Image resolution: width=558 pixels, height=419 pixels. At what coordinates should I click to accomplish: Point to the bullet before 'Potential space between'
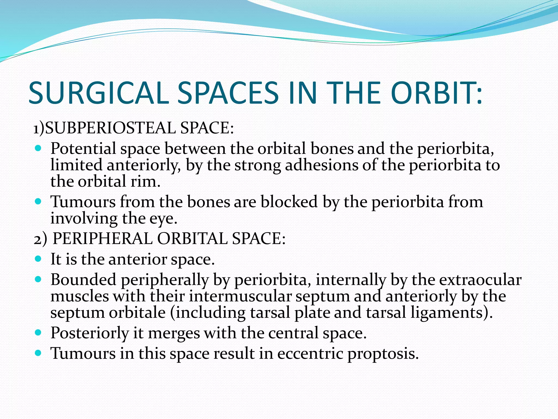tap(38, 149)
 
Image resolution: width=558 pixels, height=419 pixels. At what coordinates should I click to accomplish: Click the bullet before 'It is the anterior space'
tap(38, 259)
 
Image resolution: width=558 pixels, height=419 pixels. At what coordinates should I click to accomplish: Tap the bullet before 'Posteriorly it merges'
tap(38, 333)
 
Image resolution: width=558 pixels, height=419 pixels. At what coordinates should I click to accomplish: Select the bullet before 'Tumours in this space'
tap(38, 353)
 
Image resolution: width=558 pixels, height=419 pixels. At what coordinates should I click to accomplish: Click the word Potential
tap(83, 149)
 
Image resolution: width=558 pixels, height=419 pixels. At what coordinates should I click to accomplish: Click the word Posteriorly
tap(90, 333)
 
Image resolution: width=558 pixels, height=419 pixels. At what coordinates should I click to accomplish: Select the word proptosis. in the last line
tap(383, 354)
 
